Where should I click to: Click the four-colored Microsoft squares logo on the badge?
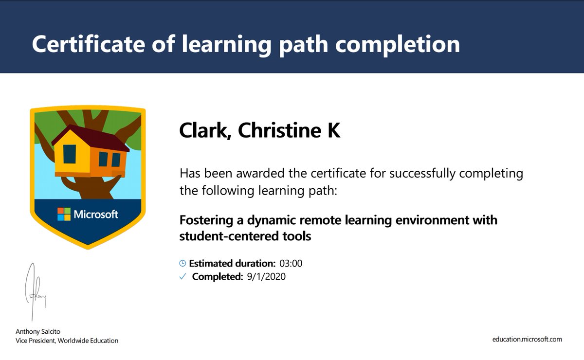tap(64, 214)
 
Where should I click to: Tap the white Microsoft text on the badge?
tap(96, 214)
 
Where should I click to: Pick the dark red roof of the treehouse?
tap(92, 135)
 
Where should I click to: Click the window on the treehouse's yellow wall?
tap(70, 154)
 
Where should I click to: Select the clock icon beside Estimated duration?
tap(182, 264)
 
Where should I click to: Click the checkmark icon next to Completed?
tap(182, 277)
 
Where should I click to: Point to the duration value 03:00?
tap(291, 264)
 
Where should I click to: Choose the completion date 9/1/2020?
tap(266, 277)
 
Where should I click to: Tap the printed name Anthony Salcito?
tap(39, 331)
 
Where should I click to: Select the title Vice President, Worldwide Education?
tap(67, 341)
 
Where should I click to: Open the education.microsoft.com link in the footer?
tap(527, 339)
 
